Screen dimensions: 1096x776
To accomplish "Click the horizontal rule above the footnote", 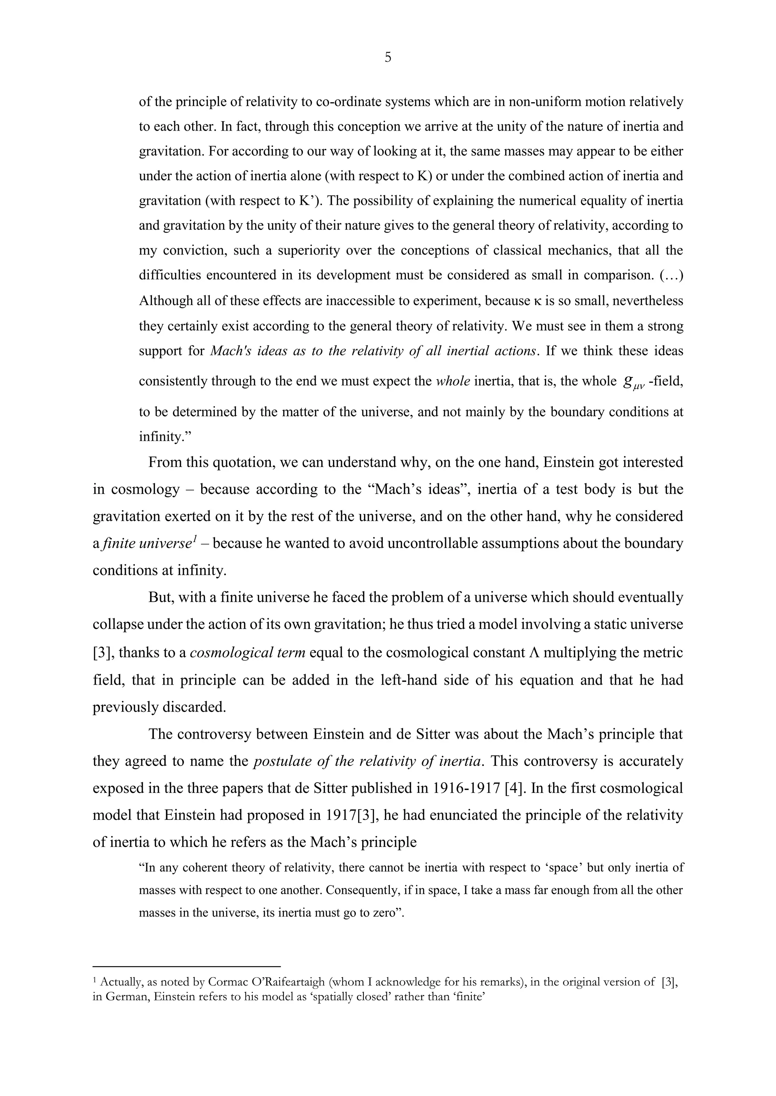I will point(186,965).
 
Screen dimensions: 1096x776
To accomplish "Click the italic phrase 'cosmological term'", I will point(247,652).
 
